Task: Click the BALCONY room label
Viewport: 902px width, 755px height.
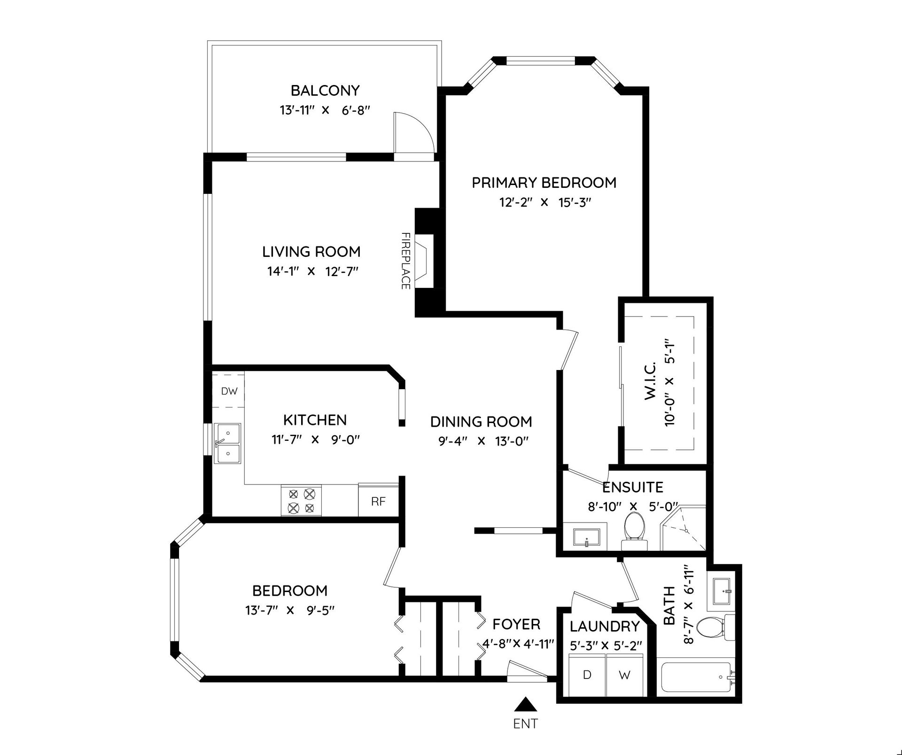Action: tap(325, 90)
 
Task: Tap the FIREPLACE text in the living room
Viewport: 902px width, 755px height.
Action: tap(406, 261)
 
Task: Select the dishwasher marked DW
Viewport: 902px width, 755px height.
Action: tap(229, 391)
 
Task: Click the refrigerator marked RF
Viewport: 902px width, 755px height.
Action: tap(379, 501)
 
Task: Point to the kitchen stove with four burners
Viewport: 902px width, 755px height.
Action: tap(301, 501)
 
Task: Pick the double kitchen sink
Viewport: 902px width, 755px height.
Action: tap(227, 443)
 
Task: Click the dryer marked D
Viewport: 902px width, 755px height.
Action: tap(587, 675)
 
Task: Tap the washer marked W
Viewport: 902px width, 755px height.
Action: tap(624, 675)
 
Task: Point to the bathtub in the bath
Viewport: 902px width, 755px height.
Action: tap(697, 677)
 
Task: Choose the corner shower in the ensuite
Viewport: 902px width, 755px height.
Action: tap(684, 528)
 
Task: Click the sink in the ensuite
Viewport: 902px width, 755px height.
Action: tap(587, 538)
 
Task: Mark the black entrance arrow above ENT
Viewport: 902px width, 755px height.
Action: tap(525, 705)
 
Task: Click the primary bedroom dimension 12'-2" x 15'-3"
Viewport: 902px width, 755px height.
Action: tap(544, 202)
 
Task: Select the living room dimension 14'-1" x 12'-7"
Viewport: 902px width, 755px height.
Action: tap(313, 271)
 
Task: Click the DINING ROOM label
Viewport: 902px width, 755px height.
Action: tap(481, 422)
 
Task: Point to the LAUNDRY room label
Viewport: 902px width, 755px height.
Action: tap(605, 626)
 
